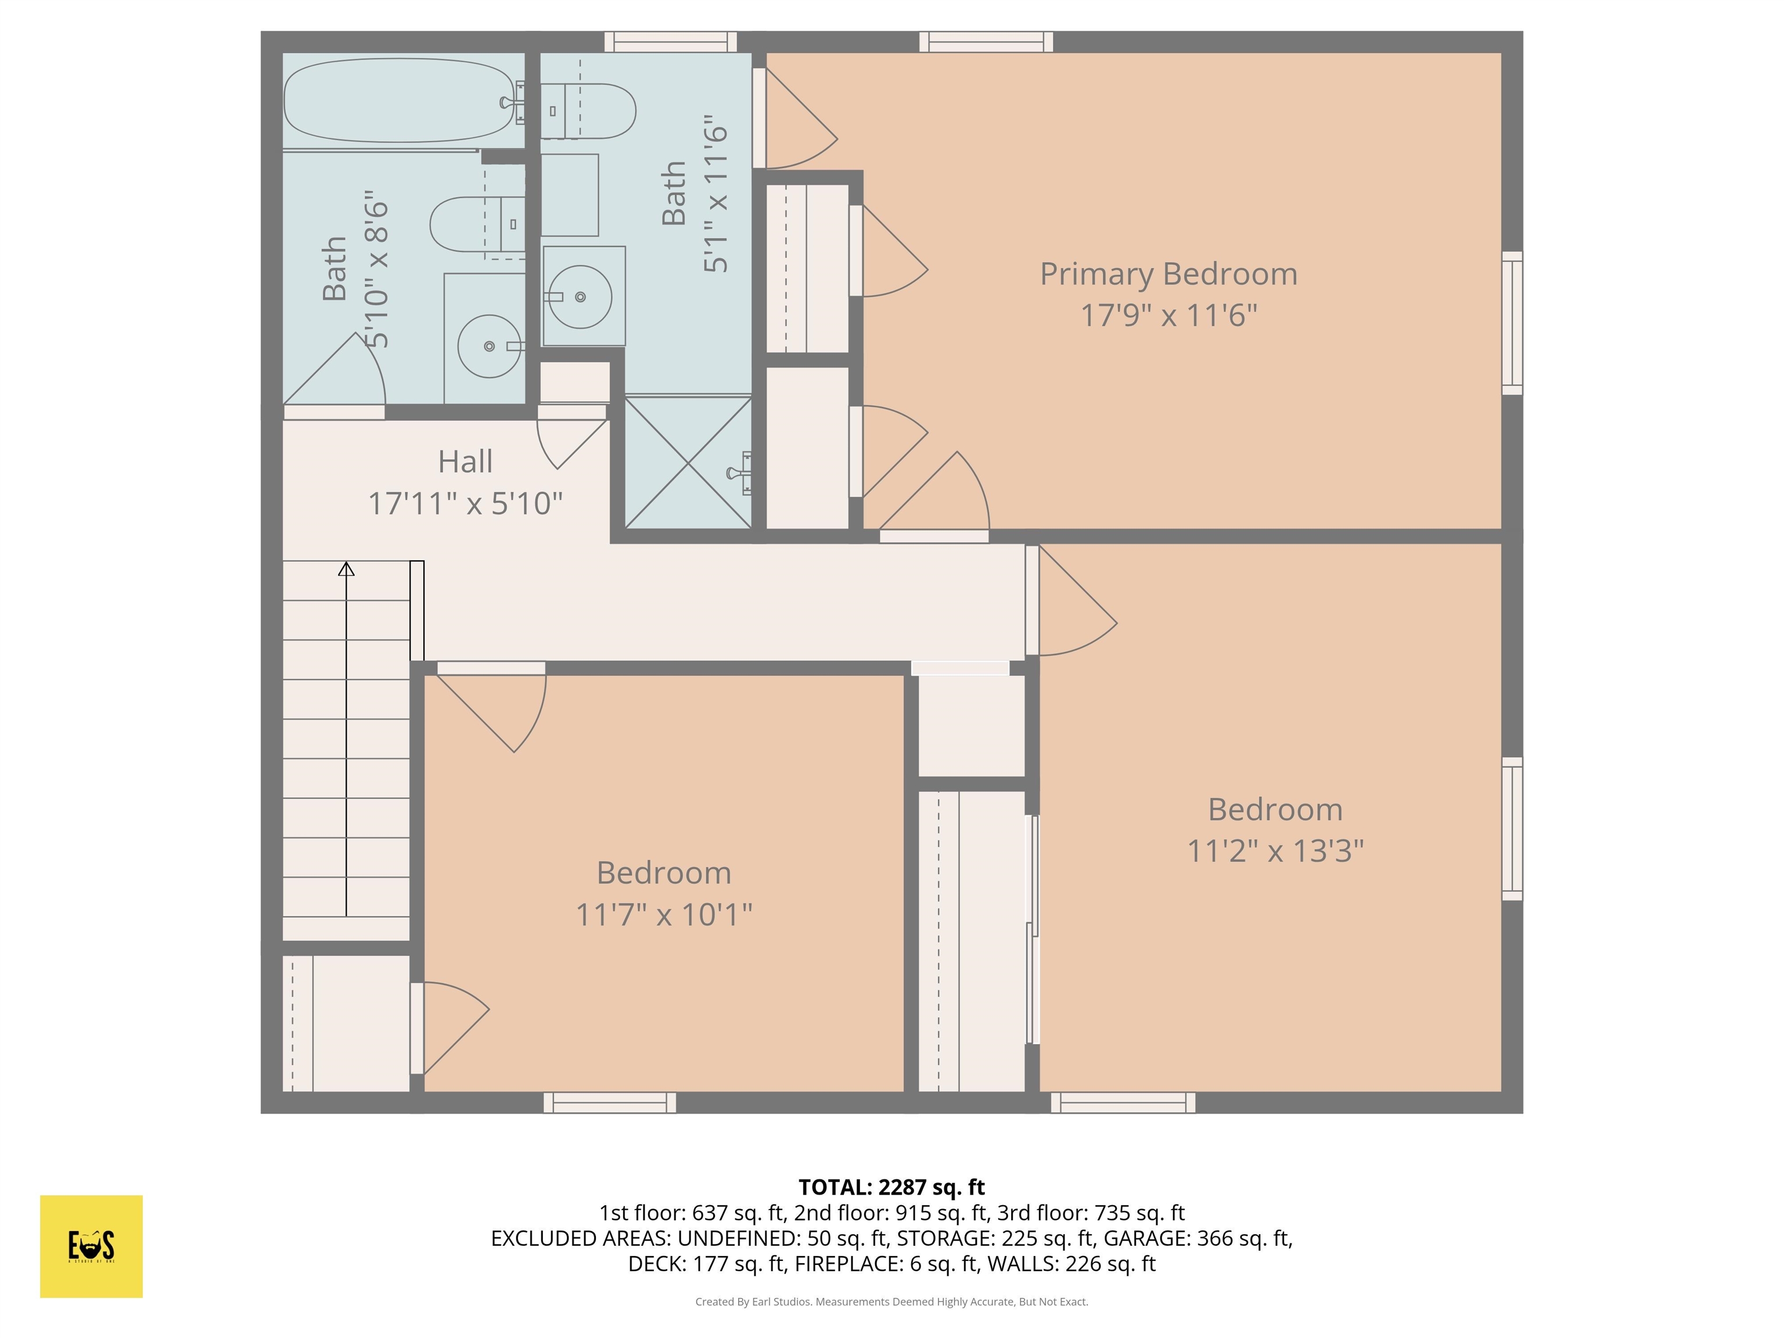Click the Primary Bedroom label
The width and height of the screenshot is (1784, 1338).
pos(1168,274)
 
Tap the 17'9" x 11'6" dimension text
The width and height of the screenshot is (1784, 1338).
pos(1168,315)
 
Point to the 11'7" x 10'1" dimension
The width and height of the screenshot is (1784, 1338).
pos(663,915)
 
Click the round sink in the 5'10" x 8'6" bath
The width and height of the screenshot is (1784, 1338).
pos(489,346)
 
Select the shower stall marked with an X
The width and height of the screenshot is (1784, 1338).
pos(688,462)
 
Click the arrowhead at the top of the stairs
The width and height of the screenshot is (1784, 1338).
pos(346,569)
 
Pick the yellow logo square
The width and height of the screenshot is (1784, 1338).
pos(91,1246)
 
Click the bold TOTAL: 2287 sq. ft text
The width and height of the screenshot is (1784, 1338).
pos(891,1187)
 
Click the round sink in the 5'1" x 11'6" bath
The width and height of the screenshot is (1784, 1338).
pos(580,297)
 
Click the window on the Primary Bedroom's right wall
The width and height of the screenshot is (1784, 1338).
pos(1512,323)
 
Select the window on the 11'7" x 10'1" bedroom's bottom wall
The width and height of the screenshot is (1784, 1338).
pos(610,1102)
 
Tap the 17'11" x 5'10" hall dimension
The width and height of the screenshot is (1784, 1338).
pos(465,504)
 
